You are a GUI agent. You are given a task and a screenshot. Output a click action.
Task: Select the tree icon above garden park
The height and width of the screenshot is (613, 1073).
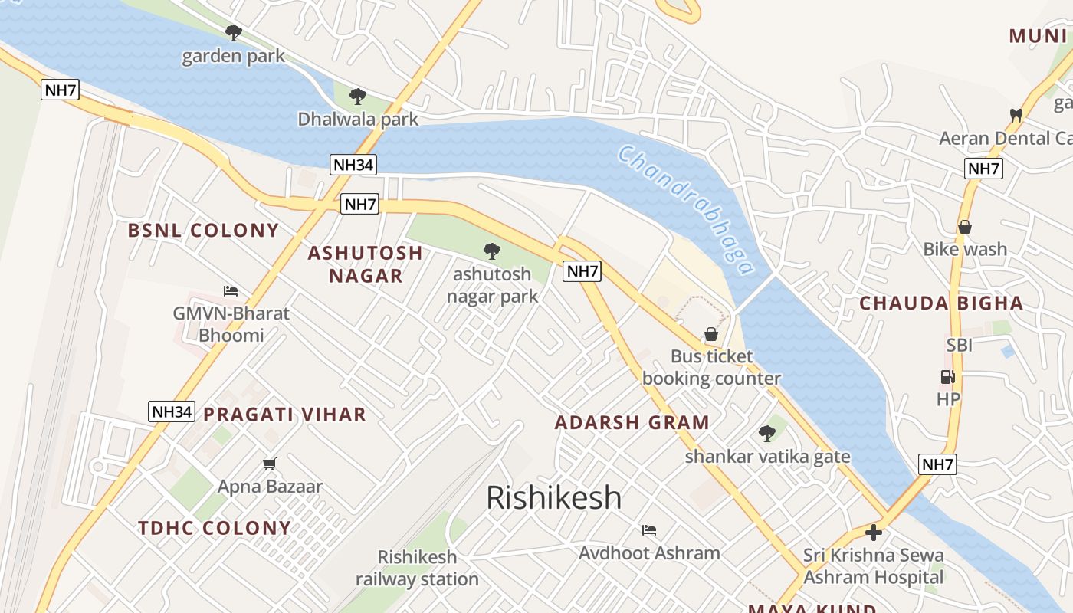[x=234, y=33]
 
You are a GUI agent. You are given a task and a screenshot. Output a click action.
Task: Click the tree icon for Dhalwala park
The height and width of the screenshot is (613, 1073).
[x=357, y=97]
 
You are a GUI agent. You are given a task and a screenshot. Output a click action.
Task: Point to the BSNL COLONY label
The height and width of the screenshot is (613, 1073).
[x=203, y=231]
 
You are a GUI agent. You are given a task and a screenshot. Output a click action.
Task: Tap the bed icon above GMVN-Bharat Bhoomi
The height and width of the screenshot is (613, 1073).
[x=231, y=290]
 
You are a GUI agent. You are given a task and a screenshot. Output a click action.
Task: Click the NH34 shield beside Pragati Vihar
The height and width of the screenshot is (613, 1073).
[x=172, y=411]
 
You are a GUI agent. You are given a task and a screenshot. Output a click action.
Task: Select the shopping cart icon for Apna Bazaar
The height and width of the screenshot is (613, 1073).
[x=269, y=464]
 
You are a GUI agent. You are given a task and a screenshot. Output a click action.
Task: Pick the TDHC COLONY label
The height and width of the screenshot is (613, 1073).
[x=215, y=528]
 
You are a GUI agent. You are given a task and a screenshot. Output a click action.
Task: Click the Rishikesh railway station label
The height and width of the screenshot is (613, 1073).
[x=417, y=568]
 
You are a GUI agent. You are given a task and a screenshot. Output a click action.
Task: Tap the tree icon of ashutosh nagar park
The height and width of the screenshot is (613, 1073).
[x=491, y=251]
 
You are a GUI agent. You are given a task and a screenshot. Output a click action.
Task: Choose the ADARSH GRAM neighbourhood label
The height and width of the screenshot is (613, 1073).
[x=632, y=423]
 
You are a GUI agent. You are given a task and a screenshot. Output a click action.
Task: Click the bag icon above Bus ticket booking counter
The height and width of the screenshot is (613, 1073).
[x=711, y=334]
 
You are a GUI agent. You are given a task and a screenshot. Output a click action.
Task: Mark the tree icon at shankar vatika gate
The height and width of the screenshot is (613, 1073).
[x=766, y=434]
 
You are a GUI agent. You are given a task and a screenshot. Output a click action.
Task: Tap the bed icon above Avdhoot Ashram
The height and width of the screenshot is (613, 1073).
[x=649, y=530]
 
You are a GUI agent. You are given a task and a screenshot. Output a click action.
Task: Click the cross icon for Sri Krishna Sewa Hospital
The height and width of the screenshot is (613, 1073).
[x=873, y=533]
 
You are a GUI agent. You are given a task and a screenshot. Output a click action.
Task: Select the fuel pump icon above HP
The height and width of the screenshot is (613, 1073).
[x=947, y=377]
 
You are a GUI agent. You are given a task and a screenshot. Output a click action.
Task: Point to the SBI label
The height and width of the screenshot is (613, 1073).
[x=959, y=346]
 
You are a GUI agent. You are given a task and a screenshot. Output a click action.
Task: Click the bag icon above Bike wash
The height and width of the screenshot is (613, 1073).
[x=964, y=227]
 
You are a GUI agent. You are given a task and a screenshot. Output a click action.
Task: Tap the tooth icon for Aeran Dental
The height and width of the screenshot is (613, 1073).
[x=1016, y=115]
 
